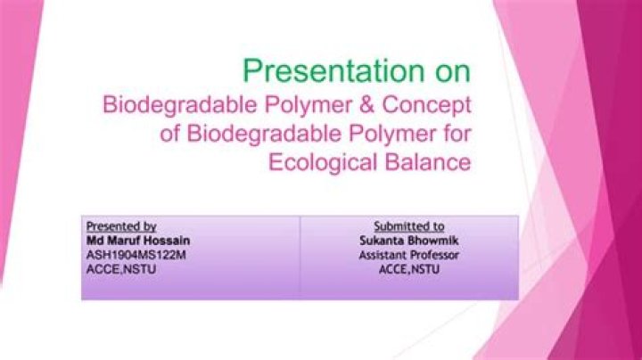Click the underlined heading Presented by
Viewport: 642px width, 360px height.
coord(120,227)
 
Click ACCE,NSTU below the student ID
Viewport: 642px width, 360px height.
coord(116,267)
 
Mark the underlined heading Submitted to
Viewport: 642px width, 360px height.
coord(409,227)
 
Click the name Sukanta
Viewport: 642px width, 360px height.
coord(383,241)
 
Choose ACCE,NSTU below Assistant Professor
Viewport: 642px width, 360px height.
coord(409,267)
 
